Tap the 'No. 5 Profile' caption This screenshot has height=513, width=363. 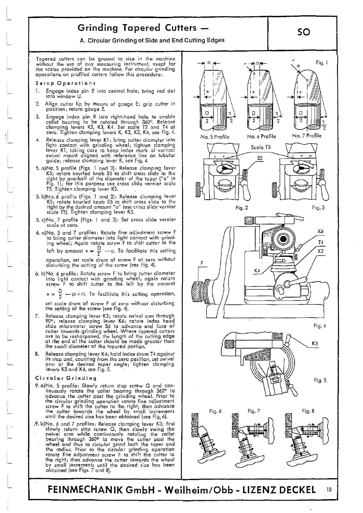pyautogui.click(x=215, y=136)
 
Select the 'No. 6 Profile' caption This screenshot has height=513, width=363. pyautogui.click(x=261, y=136)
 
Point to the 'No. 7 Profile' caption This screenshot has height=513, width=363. pyautogui.click(x=307, y=136)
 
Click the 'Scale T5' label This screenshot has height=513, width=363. pyautogui.click(x=261, y=147)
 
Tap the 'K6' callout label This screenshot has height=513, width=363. pyautogui.click(x=321, y=231)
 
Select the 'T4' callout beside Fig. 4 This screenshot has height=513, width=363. pyautogui.click(x=321, y=242)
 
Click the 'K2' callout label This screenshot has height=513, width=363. pyautogui.click(x=321, y=251)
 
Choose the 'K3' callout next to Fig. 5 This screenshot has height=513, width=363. pyautogui.click(x=315, y=344)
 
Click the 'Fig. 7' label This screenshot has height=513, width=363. pyautogui.click(x=254, y=411)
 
